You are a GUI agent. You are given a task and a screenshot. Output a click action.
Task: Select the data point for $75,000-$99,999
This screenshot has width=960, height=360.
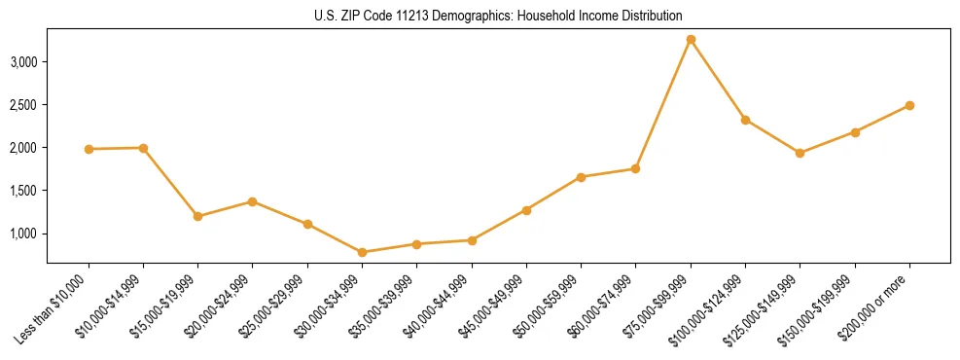click(691, 40)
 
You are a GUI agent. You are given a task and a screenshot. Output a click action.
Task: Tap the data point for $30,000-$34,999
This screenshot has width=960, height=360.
click(363, 252)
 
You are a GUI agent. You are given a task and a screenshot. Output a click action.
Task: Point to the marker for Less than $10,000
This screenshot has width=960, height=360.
click(89, 149)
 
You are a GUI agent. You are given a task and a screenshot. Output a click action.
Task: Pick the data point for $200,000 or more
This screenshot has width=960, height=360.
click(909, 105)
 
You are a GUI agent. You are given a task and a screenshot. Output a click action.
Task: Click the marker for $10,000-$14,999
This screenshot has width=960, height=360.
click(143, 148)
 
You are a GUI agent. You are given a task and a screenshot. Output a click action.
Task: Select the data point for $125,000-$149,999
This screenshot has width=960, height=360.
click(800, 153)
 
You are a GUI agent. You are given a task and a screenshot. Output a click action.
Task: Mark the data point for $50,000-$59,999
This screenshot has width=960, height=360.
click(581, 177)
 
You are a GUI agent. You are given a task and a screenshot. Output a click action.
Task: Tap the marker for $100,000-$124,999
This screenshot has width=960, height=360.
click(745, 120)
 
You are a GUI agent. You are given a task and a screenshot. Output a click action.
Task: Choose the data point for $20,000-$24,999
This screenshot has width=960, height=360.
click(253, 201)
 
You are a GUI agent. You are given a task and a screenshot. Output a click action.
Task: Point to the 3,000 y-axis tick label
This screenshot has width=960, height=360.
click(23, 62)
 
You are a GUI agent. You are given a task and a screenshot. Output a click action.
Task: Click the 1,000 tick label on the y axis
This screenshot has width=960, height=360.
click(23, 234)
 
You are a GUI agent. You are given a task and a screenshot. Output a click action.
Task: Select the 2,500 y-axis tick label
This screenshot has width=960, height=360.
click(23, 105)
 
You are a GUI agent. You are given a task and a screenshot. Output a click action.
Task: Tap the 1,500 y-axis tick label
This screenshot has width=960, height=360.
click(23, 191)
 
